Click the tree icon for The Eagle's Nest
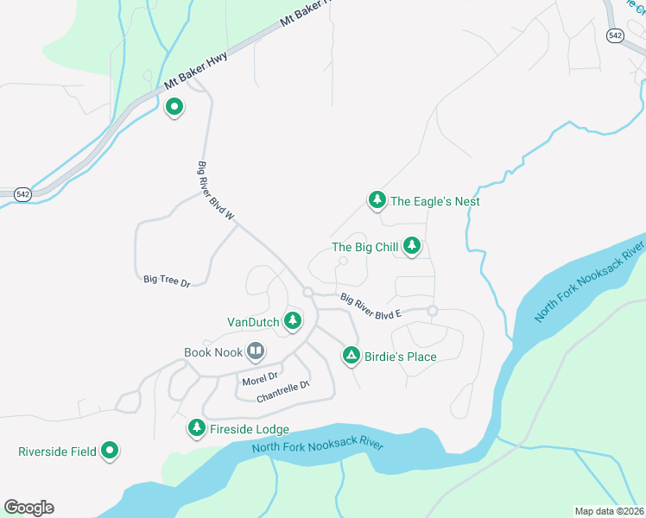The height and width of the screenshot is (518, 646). coord(377,200)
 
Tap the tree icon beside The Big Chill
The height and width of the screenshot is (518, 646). coord(412,247)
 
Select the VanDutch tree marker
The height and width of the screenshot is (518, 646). coord(293,321)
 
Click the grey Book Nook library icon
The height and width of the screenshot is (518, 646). coord(256,351)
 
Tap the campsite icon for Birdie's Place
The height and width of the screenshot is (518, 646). coord(351,356)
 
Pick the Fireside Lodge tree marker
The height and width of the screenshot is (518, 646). coord(196,428)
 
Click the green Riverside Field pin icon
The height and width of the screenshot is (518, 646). coord(110,450)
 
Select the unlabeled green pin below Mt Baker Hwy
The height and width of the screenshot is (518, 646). coord(174,107)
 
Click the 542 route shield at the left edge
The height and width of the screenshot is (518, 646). coord(22,195)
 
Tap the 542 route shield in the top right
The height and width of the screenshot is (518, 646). coord(615,35)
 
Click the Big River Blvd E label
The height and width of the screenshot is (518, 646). coord(371,307)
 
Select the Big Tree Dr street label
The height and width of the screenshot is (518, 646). coord(167,281)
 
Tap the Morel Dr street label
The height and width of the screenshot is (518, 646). coord(260,377)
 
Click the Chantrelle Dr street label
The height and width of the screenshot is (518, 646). coord(282,392)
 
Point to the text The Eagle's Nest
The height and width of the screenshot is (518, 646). coord(434,201)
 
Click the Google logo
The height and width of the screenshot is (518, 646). coord(28,508)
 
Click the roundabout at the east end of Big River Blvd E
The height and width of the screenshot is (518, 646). coord(433,311)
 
